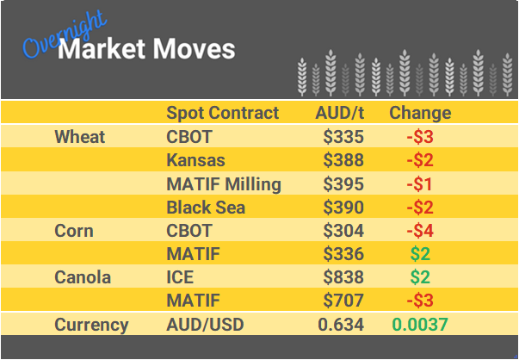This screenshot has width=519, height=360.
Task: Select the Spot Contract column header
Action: tap(222, 113)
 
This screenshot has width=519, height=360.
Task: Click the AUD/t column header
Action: tap(340, 113)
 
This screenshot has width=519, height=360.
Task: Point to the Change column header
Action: tap(420, 113)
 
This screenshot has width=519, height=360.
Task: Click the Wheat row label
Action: tap(79, 137)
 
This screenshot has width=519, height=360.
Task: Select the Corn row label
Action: tap(74, 231)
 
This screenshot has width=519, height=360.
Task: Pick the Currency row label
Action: tap(91, 325)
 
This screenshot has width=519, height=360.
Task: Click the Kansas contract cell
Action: tap(195, 160)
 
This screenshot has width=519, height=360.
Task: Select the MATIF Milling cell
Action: tap(224, 183)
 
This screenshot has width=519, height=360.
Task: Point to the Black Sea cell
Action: tap(206, 207)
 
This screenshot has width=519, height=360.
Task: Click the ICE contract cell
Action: tap(180, 277)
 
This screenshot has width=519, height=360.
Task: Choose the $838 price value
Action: tap(343, 277)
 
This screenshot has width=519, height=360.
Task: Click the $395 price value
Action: tap(343, 183)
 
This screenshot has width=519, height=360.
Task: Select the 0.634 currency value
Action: tap(341, 325)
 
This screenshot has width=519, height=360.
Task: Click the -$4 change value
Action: tap(420, 231)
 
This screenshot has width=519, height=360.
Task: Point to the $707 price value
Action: tap(343, 301)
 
